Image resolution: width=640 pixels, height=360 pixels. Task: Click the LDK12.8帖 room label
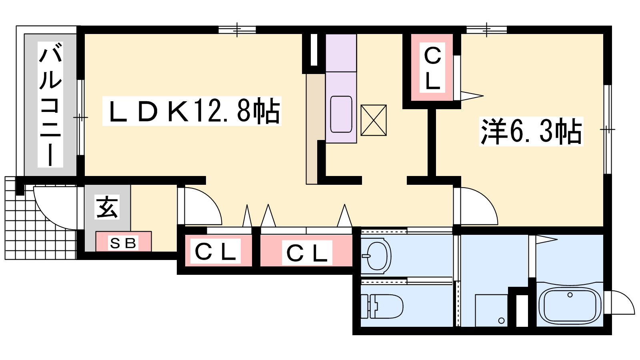192,111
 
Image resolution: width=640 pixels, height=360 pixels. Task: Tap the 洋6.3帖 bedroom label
531,131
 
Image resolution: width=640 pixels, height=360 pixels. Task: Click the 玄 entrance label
107,207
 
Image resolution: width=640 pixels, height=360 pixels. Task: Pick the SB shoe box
123,242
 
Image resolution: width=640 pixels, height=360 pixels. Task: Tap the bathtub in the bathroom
570,305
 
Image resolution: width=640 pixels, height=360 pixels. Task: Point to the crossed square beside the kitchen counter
374,120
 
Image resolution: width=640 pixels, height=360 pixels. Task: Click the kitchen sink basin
341,114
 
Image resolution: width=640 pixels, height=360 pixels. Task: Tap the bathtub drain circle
570,295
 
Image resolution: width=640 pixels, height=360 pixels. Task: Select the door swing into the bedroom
476,206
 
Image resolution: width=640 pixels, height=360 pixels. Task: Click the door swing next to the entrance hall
200,206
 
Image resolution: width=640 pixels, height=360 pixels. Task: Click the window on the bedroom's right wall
607,129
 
